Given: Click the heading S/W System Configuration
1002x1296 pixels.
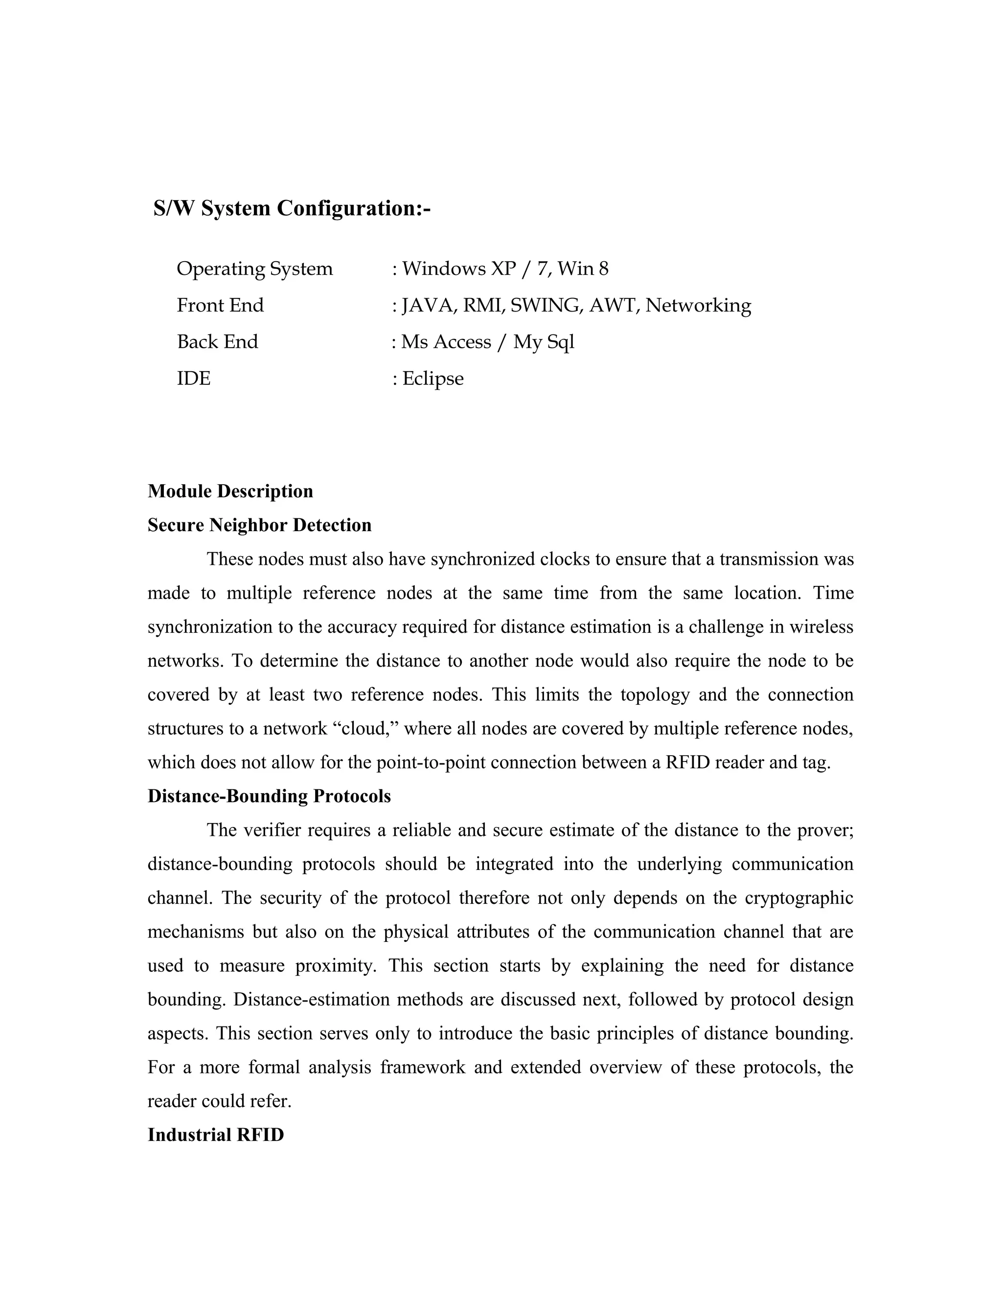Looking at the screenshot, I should [292, 208].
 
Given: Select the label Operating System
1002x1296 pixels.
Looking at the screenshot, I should [254, 269].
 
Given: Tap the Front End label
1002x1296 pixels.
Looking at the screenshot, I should [220, 306].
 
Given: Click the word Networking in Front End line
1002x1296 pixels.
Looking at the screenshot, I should [698, 306].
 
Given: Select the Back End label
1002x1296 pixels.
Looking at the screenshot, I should [217, 342].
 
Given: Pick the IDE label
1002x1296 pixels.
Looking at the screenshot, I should [194, 379].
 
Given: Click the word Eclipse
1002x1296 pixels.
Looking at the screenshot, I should [433, 379].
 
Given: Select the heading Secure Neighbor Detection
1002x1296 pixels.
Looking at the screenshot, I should [259, 525].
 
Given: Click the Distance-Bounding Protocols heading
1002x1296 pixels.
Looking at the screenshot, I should [269, 796].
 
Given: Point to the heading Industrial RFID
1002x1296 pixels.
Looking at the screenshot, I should [215, 1135].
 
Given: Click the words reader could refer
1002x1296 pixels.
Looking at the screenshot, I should [219, 1101].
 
